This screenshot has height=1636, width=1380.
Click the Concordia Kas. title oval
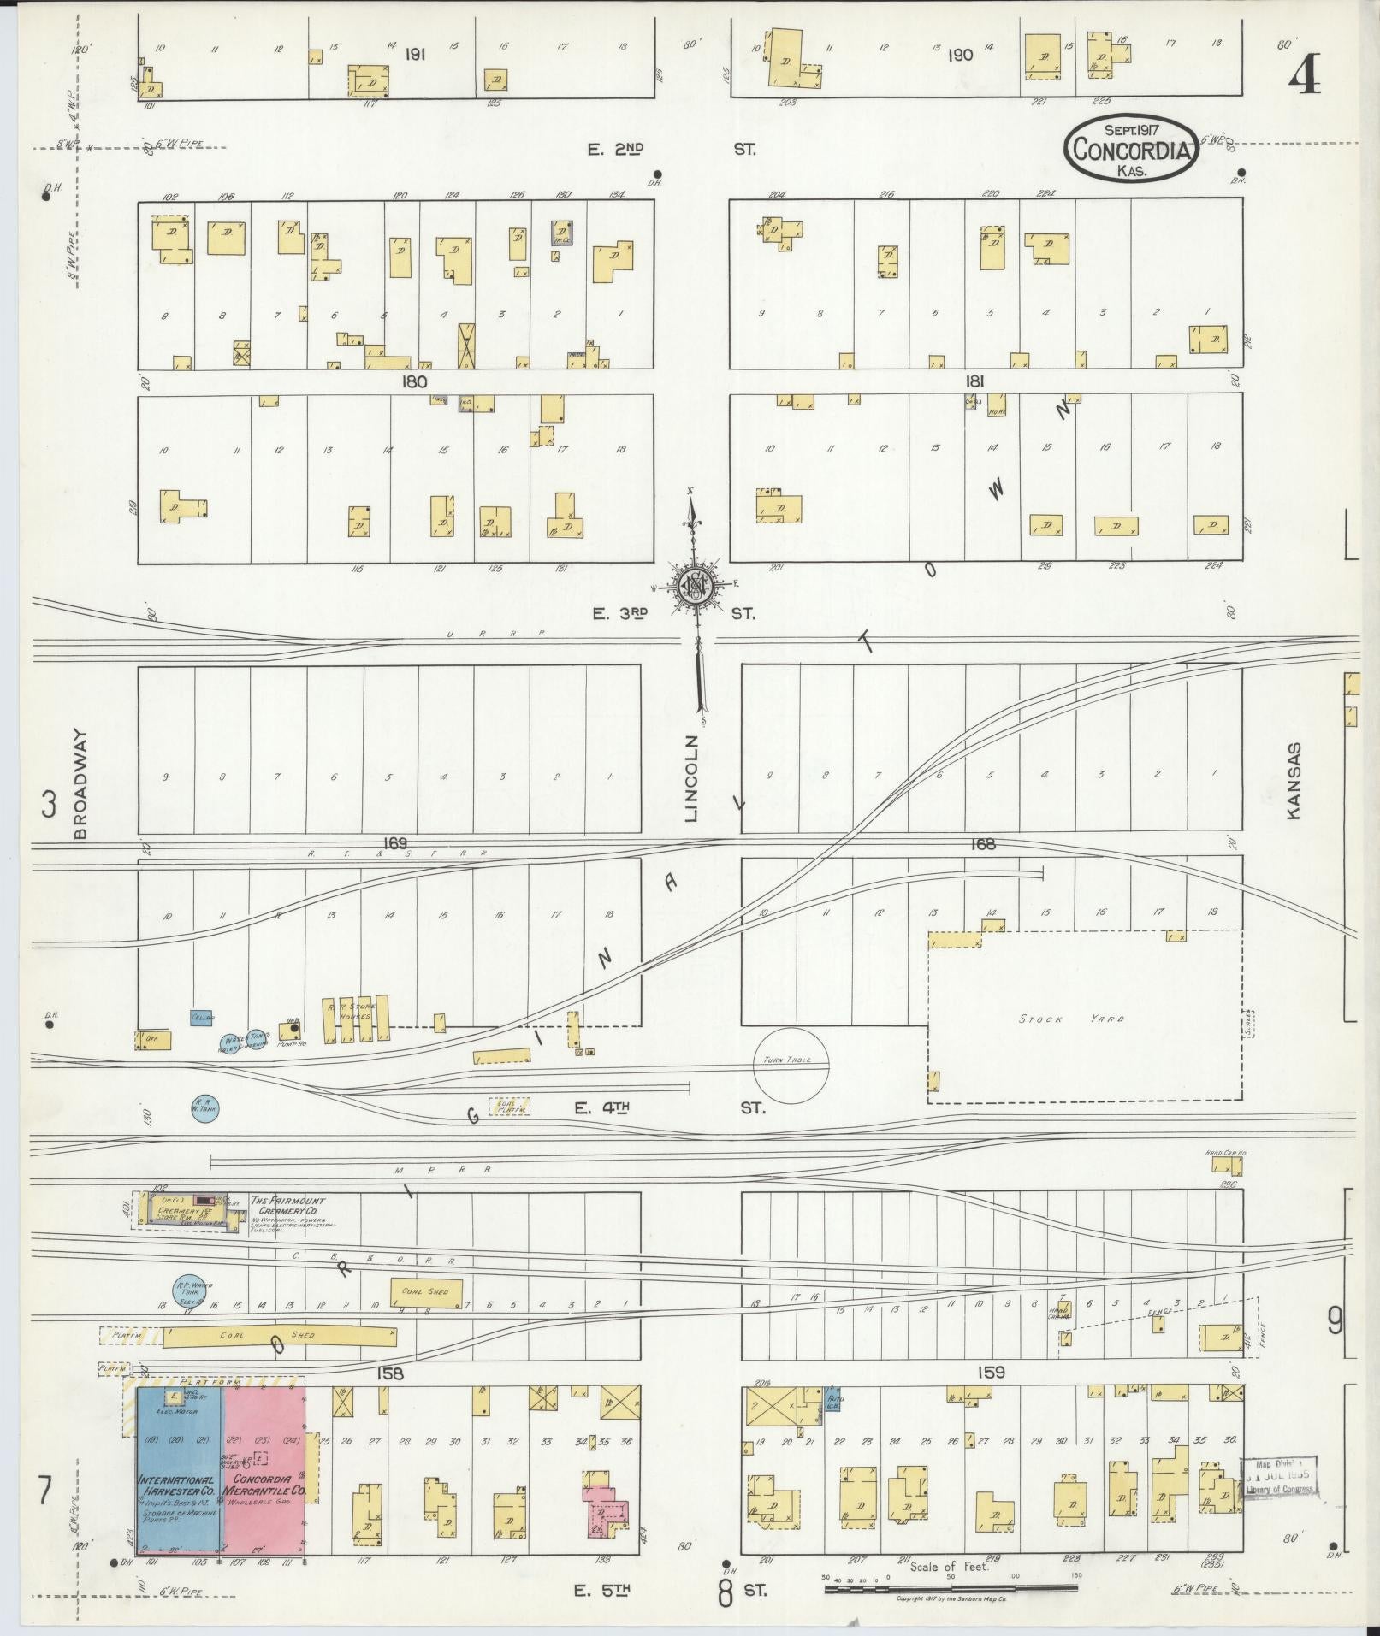click(1130, 148)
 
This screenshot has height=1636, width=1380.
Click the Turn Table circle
click(791, 1061)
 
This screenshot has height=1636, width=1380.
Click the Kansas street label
click(1293, 780)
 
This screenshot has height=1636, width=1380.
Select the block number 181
click(974, 382)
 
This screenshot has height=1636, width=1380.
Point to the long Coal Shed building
click(279, 1336)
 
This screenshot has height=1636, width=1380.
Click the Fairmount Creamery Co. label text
click(287, 1206)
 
